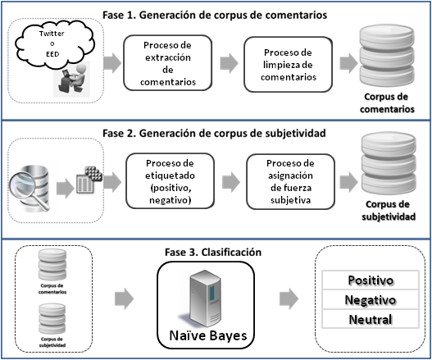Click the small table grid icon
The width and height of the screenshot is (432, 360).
click(87, 180)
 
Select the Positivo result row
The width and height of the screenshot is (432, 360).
click(370, 280)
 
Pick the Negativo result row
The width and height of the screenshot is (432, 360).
click(370, 300)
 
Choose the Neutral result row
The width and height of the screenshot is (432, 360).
click(370, 319)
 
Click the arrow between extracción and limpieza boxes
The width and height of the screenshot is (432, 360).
click(233, 62)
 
